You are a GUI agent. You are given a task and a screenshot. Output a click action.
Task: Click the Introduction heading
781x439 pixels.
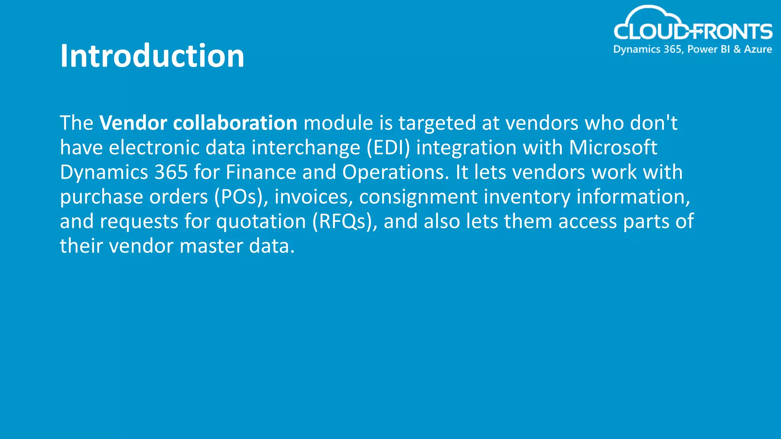tap(152, 56)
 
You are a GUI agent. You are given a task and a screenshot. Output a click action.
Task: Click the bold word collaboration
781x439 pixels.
tap(235, 123)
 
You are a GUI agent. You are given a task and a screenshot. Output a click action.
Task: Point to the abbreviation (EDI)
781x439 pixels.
tap(388, 148)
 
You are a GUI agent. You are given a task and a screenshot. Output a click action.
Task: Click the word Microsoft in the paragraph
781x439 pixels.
tap(613, 148)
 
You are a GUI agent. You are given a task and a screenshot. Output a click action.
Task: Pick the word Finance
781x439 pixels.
tap(261, 172)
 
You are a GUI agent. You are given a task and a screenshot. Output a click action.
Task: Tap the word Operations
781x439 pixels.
tap(395, 172)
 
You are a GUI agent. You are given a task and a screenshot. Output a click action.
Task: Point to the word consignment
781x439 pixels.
tap(418, 197)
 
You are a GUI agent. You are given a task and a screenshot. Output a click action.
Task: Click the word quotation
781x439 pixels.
tap(261, 221)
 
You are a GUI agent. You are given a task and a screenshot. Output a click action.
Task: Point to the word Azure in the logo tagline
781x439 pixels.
tap(758, 49)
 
